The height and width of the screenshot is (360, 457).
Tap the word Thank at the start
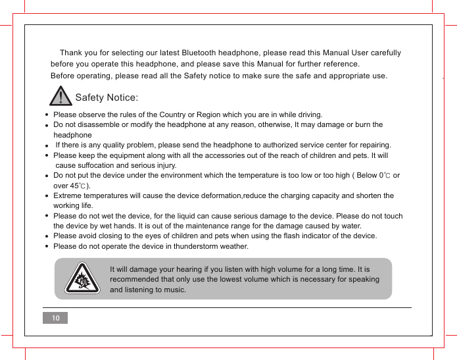(x=71, y=53)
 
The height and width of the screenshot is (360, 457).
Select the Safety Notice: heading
(x=107, y=98)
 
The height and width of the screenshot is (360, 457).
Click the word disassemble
(x=101, y=124)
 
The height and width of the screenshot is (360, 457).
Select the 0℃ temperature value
(x=384, y=176)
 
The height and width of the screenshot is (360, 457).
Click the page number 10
(x=55, y=319)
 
